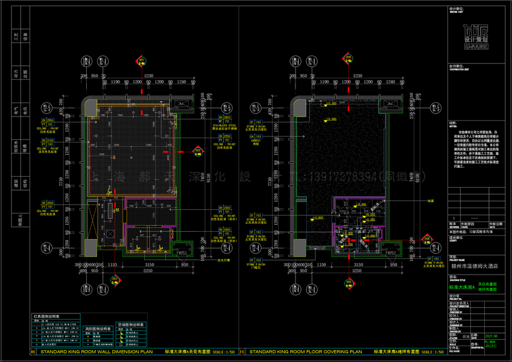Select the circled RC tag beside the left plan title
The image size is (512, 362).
(x=32, y=351)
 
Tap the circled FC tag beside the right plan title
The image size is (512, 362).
(x=242, y=351)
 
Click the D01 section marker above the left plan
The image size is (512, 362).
(x=142, y=61)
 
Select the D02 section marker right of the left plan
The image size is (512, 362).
(x=197, y=151)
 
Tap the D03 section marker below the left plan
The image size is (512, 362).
(x=115, y=278)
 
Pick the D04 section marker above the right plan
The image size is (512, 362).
(x=349, y=58)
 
